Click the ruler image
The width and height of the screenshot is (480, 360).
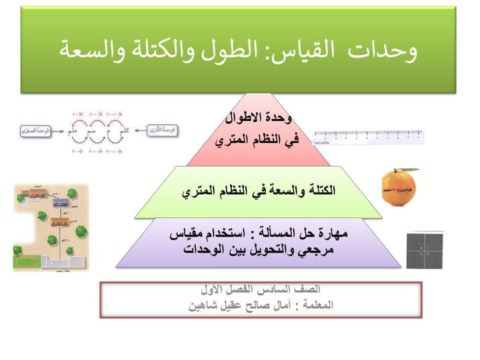(x=368, y=137)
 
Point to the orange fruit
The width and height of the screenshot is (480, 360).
(x=400, y=188)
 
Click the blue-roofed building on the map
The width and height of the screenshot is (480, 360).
(x=60, y=202)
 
